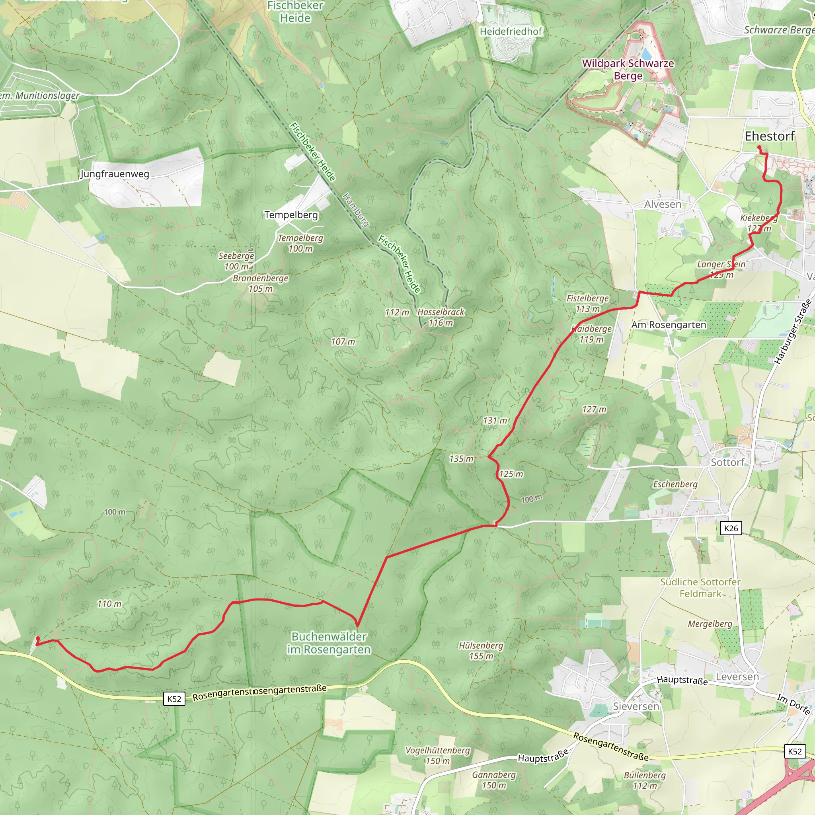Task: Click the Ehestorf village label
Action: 770,136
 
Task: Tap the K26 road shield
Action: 731,528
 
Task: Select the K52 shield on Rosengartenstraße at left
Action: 174,699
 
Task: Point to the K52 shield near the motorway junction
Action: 795,751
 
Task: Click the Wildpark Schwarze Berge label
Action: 628,69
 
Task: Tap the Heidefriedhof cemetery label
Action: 511,31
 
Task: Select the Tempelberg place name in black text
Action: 291,215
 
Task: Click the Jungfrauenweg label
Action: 115,174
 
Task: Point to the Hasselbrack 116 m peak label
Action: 441,317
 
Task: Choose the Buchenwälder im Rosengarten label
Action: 329,643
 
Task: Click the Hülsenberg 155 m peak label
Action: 481,651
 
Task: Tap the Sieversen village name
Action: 636,706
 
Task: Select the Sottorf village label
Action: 727,462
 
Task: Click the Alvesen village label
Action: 663,204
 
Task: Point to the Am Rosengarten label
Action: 669,325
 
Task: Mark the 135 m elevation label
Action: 461,458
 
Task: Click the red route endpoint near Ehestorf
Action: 759,147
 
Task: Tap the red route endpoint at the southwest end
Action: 37,639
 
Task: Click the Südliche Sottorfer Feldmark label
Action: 700,588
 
